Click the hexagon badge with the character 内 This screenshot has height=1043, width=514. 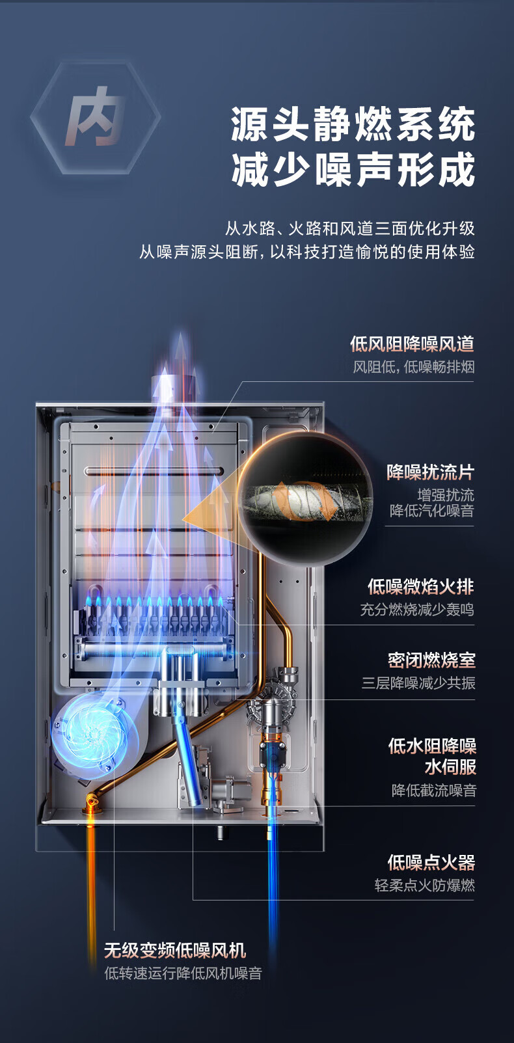pos(95,117)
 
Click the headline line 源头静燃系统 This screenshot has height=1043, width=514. pos(353,125)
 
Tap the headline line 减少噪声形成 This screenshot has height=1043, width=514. pos(353,171)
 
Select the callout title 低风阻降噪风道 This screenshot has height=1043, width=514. pos(412,344)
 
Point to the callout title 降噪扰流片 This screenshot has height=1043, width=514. pos(430,472)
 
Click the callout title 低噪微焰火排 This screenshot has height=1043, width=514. pos(420,586)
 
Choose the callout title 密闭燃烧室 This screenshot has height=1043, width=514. pos(431,660)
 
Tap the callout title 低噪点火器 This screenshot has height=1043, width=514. pos(431,863)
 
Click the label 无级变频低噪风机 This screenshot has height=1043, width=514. pos(175,951)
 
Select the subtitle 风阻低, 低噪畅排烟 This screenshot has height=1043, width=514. pos(414,367)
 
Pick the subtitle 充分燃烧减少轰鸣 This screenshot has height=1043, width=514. pos(417,610)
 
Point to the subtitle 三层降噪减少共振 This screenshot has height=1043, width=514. pos(418,683)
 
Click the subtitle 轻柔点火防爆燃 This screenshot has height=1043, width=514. pos(424,886)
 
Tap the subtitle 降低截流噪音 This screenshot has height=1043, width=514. pos(433,791)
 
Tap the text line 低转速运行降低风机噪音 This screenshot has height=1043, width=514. pos(183,974)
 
